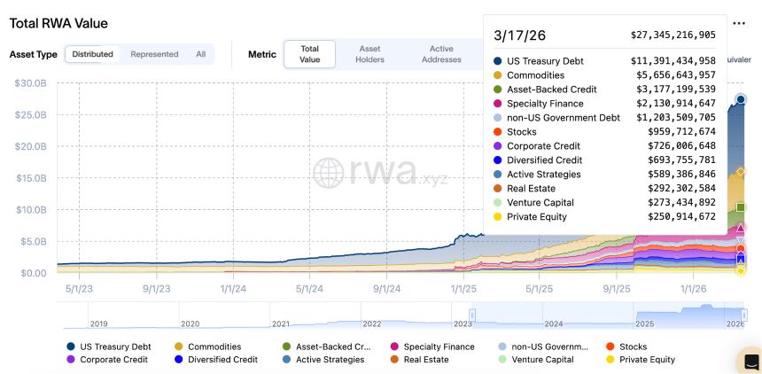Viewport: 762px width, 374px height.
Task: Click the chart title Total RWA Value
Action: click(58, 22)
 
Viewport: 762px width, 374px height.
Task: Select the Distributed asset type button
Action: click(92, 54)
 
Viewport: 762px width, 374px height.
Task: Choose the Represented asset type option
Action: click(154, 54)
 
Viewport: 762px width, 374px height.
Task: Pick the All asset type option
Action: click(201, 54)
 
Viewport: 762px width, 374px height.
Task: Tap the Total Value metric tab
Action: click(309, 54)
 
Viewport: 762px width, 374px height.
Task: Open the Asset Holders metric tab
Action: click(369, 54)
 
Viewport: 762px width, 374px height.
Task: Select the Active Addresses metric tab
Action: click(440, 54)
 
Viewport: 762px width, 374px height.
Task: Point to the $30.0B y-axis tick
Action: click(30, 83)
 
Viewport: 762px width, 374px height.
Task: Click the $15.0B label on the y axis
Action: click(30, 178)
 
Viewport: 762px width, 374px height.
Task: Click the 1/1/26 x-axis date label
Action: click(693, 288)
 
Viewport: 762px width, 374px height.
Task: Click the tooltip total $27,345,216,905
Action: click(673, 35)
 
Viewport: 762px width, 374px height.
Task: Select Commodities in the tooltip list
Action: click(535, 75)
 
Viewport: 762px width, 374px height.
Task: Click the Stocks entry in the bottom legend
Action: click(633, 347)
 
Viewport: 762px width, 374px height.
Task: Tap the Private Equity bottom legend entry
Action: click(647, 360)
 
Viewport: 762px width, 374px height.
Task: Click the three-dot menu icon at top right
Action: click(739, 23)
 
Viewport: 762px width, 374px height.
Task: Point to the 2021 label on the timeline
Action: click(281, 323)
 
